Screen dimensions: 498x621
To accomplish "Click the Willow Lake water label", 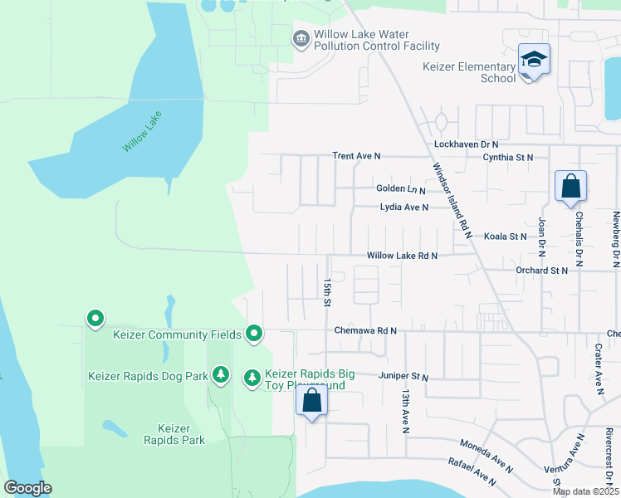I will [x=142, y=132].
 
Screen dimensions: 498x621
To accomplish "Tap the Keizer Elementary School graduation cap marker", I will [x=534, y=60].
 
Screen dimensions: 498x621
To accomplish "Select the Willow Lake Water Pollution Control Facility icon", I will [x=301, y=39].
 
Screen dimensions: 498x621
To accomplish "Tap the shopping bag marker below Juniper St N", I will [x=311, y=401].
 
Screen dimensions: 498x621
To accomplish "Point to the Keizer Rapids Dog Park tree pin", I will [x=220, y=376].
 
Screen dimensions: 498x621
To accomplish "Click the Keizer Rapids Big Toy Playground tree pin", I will [x=252, y=378].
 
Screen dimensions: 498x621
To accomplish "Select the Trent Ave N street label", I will [x=356, y=156].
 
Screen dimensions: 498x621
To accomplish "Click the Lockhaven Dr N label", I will [x=466, y=144].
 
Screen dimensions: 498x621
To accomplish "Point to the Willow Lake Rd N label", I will [x=402, y=256].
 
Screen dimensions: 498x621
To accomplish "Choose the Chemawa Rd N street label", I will [x=365, y=330].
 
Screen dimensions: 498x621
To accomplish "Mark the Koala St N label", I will [x=506, y=237].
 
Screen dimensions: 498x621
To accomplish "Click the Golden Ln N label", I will [x=402, y=189].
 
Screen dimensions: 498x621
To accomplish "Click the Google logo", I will [x=27, y=488].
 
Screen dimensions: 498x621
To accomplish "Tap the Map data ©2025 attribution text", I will [x=585, y=491].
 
